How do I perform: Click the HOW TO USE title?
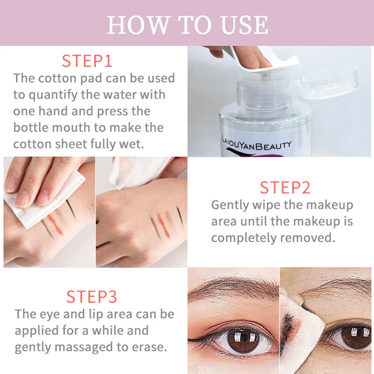[187, 25]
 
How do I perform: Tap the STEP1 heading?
[87, 61]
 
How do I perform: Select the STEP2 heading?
[285, 188]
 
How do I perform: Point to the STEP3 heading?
[92, 297]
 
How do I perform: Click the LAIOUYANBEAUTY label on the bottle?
[256, 144]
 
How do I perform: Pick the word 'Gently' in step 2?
[230, 205]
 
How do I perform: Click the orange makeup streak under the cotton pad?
[55, 225]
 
